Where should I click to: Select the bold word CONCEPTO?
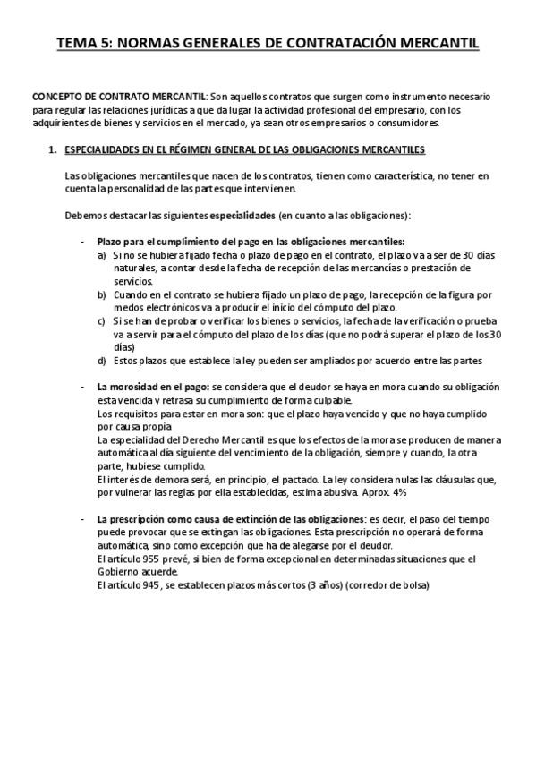click(x=57, y=96)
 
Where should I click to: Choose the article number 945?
click(x=144, y=585)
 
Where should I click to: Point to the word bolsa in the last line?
click(x=416, y=585)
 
